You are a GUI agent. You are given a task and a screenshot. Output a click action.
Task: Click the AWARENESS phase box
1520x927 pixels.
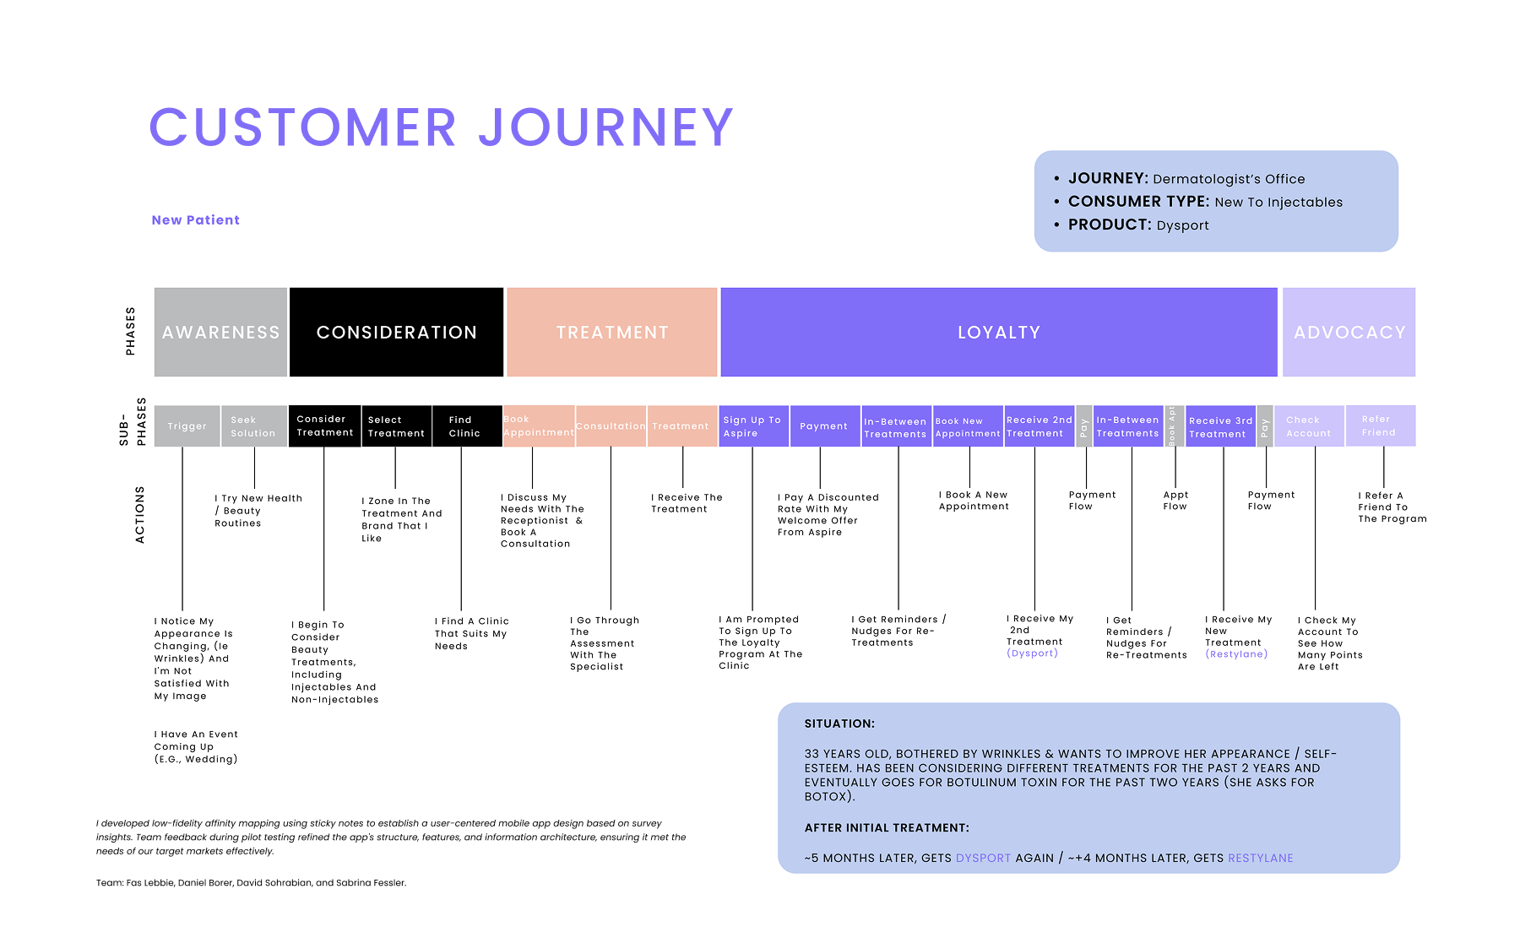(x=220, y=332)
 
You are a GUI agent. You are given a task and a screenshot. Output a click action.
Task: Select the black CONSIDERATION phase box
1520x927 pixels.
(x=396, y=332)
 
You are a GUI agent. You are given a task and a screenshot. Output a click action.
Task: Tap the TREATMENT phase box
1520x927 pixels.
(x=612, y=332)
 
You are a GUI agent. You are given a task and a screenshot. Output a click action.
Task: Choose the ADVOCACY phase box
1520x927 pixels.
(x=1349, y=332)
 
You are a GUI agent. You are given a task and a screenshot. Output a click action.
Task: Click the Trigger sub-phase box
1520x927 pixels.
(x=187, y=426)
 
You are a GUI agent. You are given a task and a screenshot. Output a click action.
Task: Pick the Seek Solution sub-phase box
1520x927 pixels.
(x=253, y=426)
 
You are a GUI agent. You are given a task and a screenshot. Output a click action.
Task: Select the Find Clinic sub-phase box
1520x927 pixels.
(x=465, y=426)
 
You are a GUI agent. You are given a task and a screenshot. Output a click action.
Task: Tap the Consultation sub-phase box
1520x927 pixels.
(x=611, y=426)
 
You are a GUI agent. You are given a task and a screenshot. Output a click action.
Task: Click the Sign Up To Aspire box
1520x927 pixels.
(x=752, y=426)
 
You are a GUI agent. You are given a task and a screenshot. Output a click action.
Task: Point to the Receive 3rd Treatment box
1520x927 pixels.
(x=1220, y=426)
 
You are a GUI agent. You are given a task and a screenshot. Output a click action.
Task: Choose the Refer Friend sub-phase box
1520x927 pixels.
(x=1379, y=426)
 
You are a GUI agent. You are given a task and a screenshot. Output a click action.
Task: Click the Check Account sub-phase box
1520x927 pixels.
(x=1309, y=426)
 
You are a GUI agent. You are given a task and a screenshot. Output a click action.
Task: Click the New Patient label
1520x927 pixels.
(x=196, y=220)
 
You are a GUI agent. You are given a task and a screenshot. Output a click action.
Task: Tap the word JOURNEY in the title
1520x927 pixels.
(x=605, y=127)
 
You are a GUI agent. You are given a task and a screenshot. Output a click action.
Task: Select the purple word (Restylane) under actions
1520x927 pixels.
(x=1236, y=654)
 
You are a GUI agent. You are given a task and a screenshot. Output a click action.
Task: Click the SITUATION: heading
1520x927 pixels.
(x=839, y=724)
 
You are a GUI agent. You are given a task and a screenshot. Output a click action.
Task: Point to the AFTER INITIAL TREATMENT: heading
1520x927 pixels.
(x=887, y=828)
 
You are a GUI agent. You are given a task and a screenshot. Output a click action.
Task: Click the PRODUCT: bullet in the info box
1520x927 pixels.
(x=1110, y=225)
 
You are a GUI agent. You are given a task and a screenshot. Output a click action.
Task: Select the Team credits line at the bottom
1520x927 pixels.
(x=251, y=883)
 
